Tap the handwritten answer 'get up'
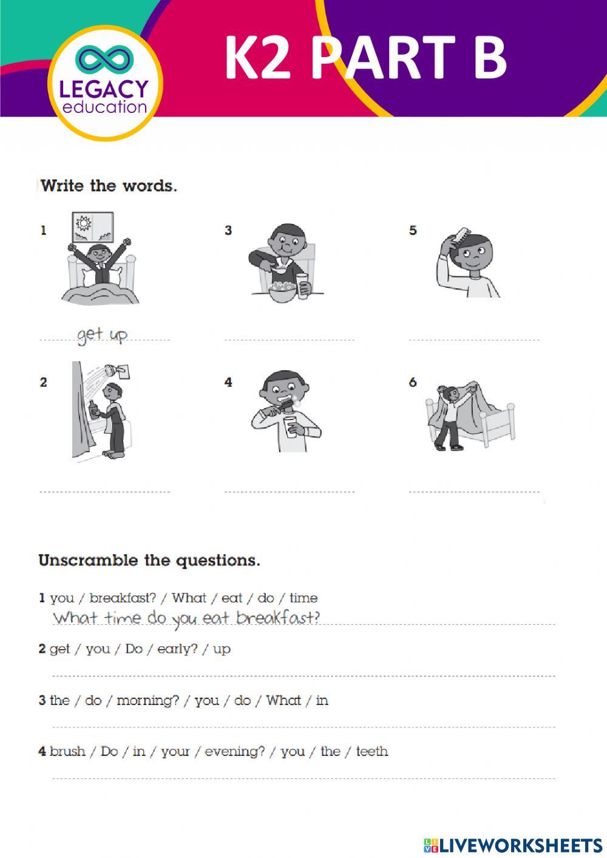(102, 335)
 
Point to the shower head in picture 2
(112, 370)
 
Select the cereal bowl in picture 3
(282, 291)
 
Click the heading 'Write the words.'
(109, 186)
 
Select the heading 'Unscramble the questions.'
(149, 560)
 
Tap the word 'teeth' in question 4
(371, 752)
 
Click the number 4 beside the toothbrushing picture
(228, 382)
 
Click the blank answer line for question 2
(303, 675)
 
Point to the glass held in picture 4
(291, 426)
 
